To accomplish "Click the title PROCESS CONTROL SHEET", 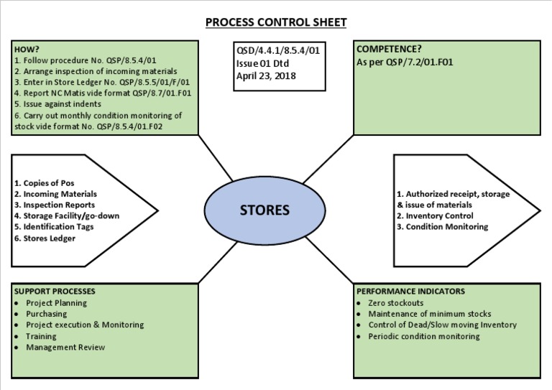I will pyautogui.click(x=276, y=22).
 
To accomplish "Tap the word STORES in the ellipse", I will pyautogui.click(x=264, y=210).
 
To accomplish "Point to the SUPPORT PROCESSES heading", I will pyautogui.click(x=55, y=292).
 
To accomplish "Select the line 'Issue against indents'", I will pyautogui.click(x=57, y=103).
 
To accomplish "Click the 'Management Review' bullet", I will pyautogui.click(x=65, y=348).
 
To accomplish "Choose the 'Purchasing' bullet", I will pyautogui.click(x=46, y=314).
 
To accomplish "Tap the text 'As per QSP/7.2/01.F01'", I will pyautogui.click(x=405, y=62).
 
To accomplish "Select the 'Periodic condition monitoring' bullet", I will pyautogui.click(x=424, y=336).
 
